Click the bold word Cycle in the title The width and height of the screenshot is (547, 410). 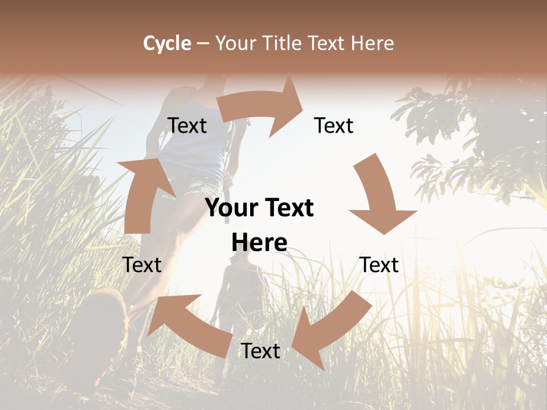167,43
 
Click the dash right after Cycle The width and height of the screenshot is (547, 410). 203,43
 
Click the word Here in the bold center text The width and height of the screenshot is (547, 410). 259,243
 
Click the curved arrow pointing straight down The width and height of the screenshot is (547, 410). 378,194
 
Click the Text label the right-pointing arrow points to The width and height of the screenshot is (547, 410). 334,125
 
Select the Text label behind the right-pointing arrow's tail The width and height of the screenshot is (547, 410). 187,125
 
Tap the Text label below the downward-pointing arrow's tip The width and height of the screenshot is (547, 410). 379,265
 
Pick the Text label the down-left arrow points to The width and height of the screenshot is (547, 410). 260,351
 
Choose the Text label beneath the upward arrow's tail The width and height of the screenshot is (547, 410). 142,265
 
